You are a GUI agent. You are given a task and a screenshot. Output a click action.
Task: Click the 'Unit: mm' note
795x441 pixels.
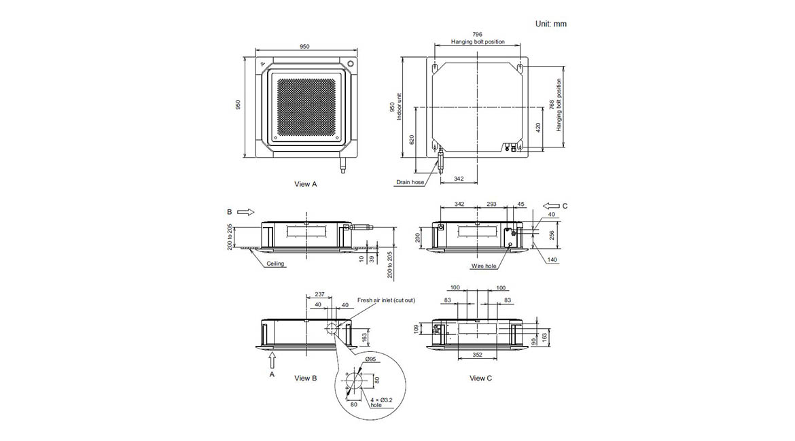coord(550,24)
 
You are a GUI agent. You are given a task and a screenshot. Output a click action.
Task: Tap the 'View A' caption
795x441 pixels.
coord(305,184)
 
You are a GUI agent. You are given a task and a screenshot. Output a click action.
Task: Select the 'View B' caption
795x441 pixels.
coord(305,378)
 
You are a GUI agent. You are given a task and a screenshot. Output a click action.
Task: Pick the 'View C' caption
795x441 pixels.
coord(480,378)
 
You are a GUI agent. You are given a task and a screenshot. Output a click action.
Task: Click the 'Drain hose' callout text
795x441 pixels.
coord(410,182)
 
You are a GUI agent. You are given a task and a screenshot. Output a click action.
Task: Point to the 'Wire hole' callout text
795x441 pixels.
coord(484,266)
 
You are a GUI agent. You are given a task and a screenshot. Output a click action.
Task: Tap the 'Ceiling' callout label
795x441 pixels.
coord(275,264)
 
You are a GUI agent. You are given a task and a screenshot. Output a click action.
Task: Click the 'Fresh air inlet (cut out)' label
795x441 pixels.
coord(386,300)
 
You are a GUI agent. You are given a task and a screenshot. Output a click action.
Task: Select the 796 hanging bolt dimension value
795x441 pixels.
coord(477,35)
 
